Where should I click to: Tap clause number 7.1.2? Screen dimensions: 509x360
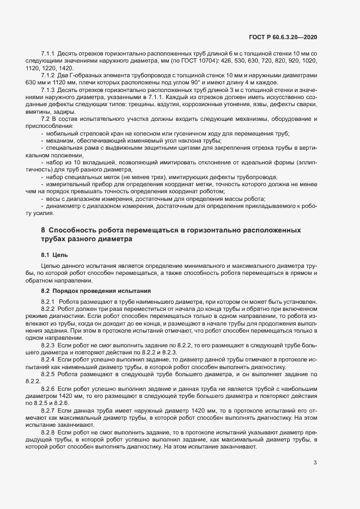pos(49,76)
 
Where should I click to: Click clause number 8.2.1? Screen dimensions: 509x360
pos(50,302)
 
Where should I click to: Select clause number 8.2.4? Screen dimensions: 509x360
pos(49,360)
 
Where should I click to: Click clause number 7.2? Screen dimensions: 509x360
pos(46,119)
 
